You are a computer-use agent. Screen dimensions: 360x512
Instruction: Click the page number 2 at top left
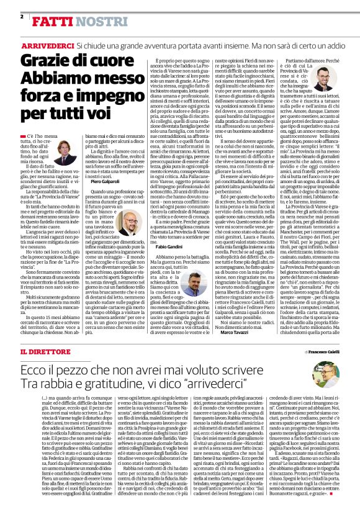click(22, 17)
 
